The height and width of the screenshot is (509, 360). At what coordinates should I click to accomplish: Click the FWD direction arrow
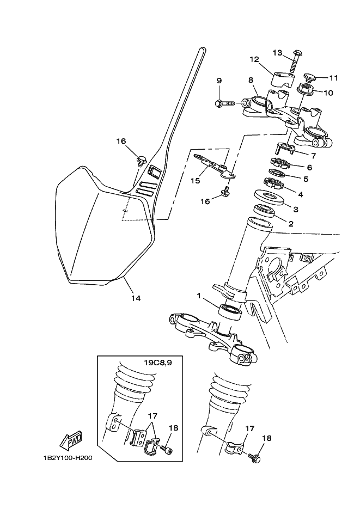click(71, 441)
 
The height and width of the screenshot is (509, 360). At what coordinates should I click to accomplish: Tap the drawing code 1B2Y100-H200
click(67, 458)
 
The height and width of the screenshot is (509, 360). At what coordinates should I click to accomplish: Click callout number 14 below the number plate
click(136, 298)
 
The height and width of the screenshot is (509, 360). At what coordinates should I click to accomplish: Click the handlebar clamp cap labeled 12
click(280, 79)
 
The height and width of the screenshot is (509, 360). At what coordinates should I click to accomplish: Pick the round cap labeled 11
click(309, 78)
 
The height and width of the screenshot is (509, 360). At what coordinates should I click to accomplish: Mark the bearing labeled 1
click(230, 311)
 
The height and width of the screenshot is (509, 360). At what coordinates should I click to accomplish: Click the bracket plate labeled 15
click(215, 166)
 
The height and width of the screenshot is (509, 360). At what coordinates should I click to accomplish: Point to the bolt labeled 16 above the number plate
click(141, 161)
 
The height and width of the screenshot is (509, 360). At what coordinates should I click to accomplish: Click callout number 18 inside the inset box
click(173, 428)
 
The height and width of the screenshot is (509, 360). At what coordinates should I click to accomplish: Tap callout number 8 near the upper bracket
click(251, 80)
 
